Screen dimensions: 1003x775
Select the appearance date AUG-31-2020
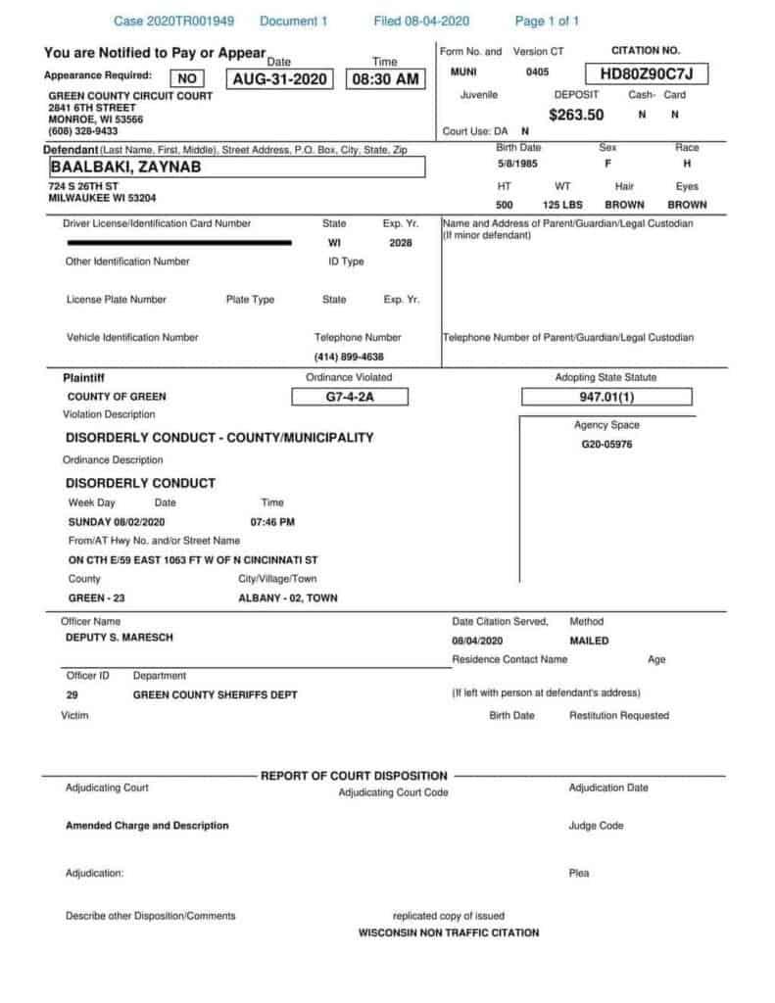281,79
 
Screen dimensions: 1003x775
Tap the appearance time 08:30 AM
386,79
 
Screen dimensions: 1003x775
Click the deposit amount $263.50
576,115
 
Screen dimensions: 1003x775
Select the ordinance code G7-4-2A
349,397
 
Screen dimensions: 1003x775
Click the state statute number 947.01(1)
606,397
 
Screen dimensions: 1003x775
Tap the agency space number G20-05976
606,444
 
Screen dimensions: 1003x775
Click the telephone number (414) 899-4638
349,357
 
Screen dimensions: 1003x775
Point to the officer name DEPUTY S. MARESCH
121,639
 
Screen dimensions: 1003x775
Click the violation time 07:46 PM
272,522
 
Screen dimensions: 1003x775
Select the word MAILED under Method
588,641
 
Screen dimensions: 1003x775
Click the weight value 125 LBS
562,206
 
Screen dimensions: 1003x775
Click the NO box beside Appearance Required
187,79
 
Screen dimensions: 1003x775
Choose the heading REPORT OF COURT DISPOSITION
354,776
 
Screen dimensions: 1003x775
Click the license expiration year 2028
401,242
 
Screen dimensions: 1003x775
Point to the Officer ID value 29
73,694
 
